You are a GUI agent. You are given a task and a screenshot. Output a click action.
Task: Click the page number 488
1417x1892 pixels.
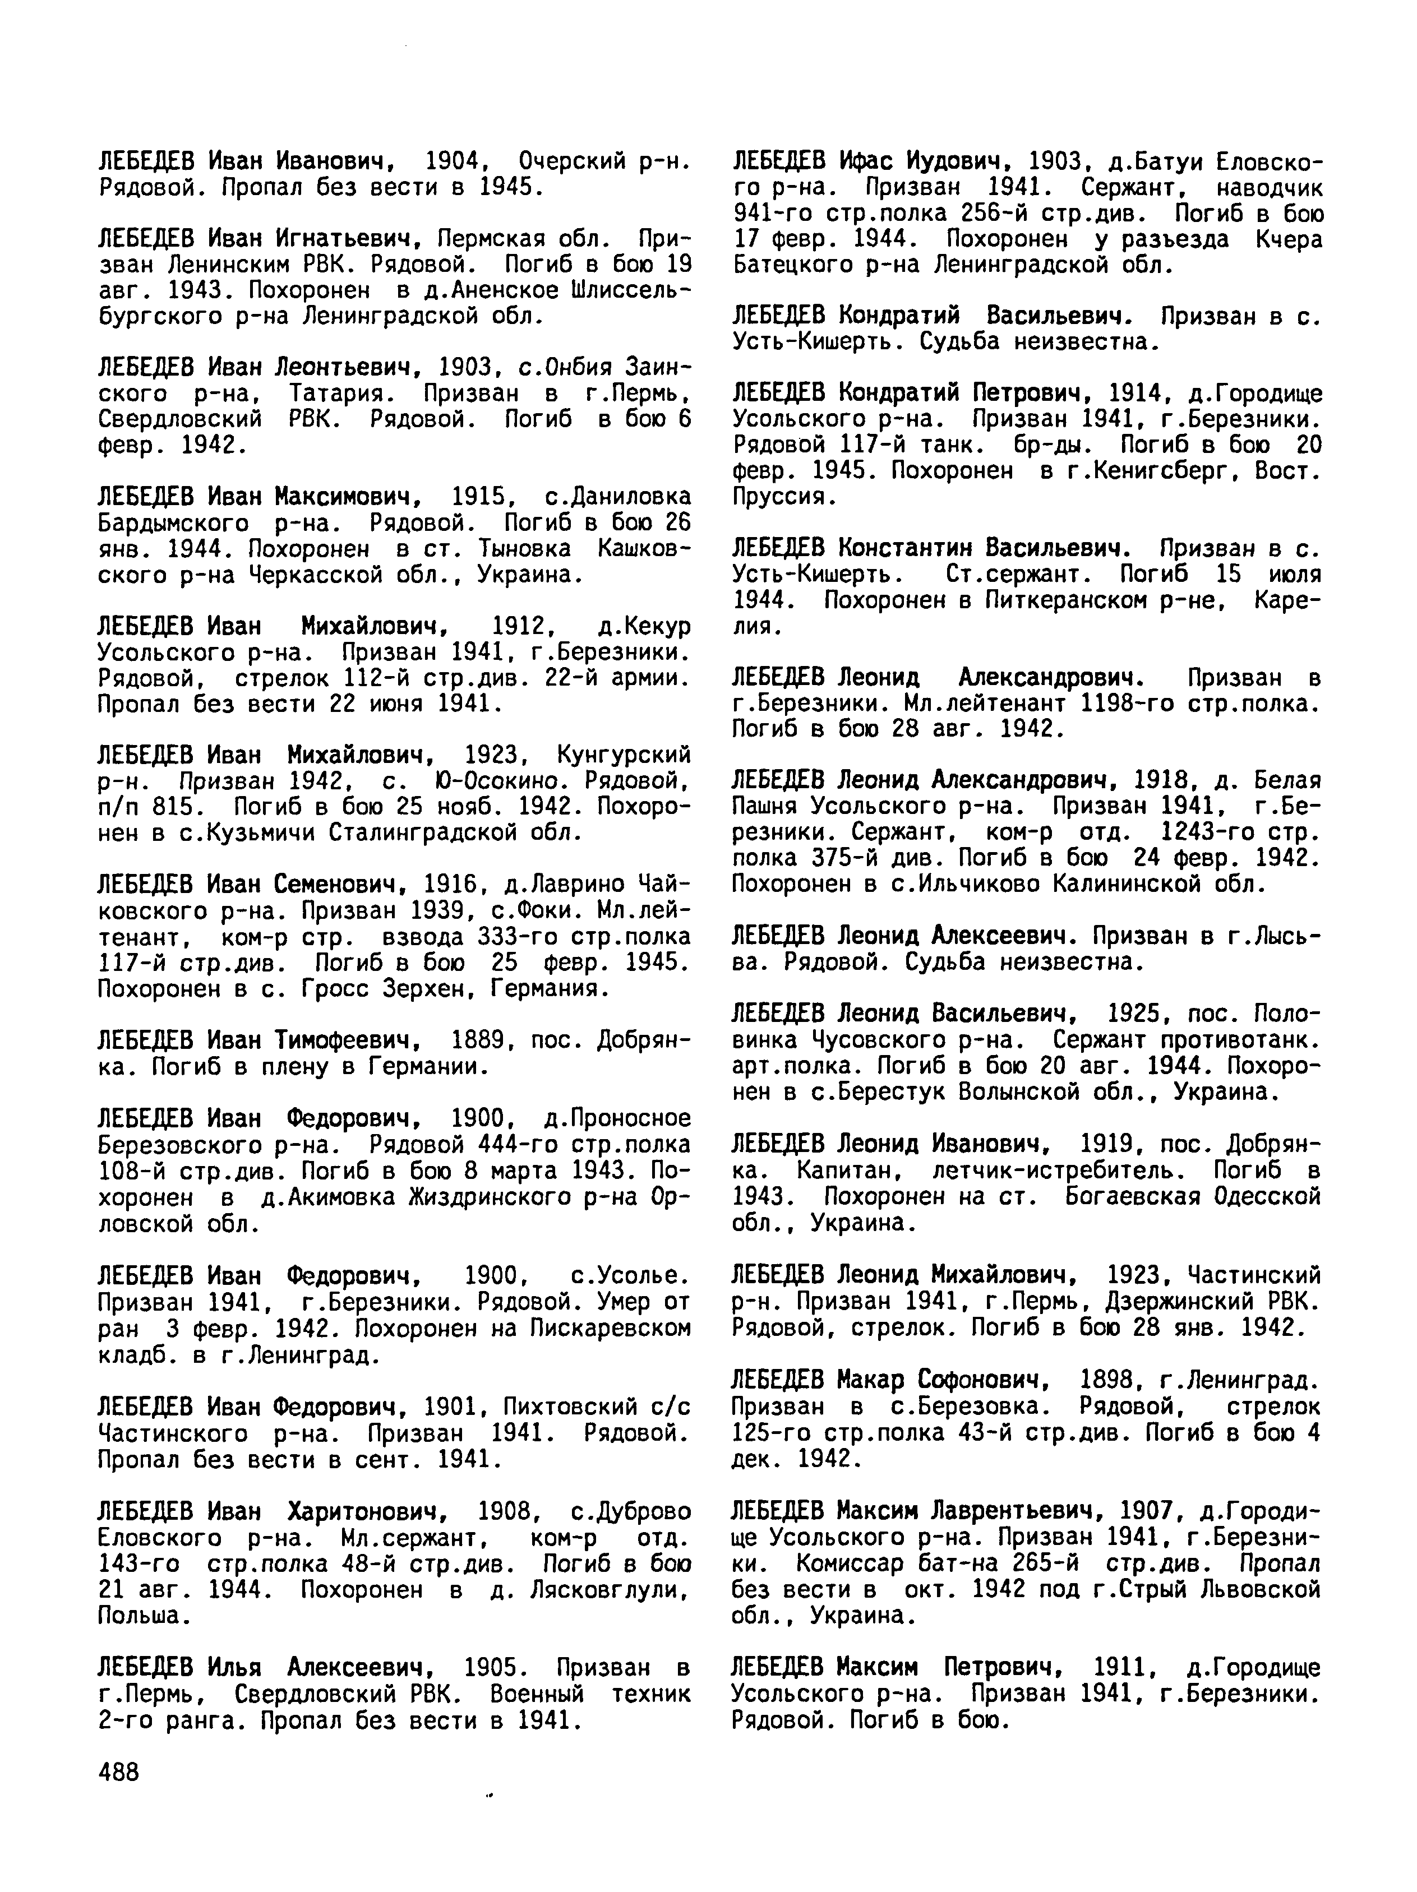pyautogui.click(x=118, y=1770)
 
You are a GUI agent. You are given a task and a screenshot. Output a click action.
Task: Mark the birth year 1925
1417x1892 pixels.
pyautogui.click(x=1141, y=1015)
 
